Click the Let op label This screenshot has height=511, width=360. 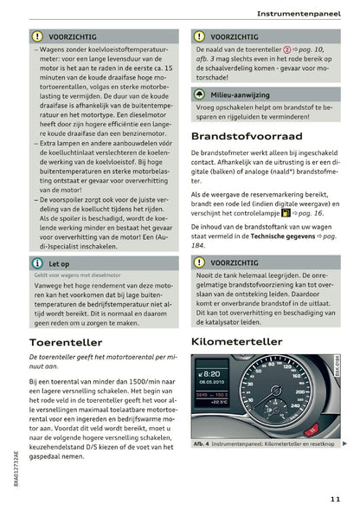tap(61, 262)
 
